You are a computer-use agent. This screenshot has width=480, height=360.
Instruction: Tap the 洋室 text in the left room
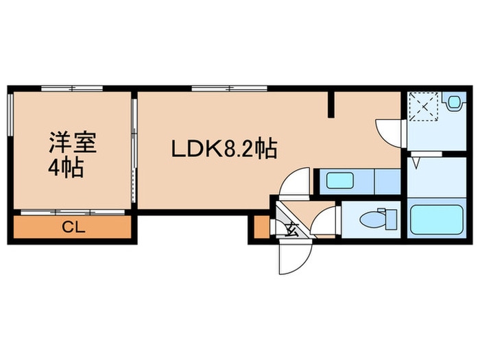tap(73, 143)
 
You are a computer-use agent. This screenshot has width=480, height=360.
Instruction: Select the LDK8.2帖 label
tap(224, 148)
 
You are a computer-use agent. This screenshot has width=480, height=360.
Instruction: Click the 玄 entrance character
tap(291, 228)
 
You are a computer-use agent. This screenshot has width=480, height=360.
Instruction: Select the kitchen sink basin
tap(339, 182)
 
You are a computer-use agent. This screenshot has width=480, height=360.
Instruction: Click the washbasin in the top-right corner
tap(454, 104)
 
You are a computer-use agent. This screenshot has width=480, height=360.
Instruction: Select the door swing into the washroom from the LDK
tap(389, 131)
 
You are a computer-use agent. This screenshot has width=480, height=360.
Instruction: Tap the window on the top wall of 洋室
tap(71, 88)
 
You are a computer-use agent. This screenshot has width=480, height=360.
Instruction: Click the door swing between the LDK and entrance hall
tap(298, 183)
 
